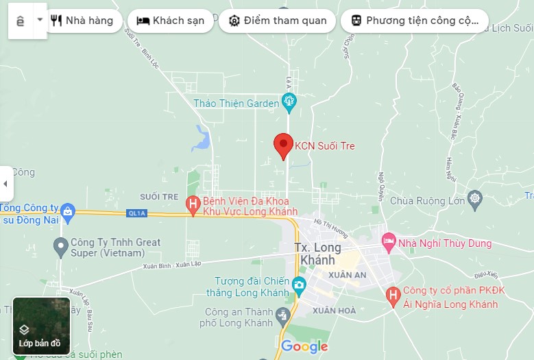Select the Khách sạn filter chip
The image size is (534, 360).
[170, 21]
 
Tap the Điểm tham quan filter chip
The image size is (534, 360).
[277, 21]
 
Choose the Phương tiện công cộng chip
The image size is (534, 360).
[414, 21]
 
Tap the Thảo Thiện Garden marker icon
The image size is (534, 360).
[289, 104]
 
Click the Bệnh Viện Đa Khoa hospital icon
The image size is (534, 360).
[194, 204]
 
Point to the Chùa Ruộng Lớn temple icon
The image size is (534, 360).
[475, 200]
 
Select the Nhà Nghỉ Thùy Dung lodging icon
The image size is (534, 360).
[389, 241]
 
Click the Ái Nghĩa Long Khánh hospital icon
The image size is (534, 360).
[393, 296]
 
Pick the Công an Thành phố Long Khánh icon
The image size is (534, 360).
[282, 316]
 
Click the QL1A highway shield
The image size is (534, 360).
[137, 213]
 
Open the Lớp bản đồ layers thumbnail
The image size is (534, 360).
[41, 326]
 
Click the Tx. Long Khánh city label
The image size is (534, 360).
[318, 254]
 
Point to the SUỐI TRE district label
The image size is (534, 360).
[159, 197]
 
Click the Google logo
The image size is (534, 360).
[304, 346]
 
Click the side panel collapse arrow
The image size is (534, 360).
[5, 184]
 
